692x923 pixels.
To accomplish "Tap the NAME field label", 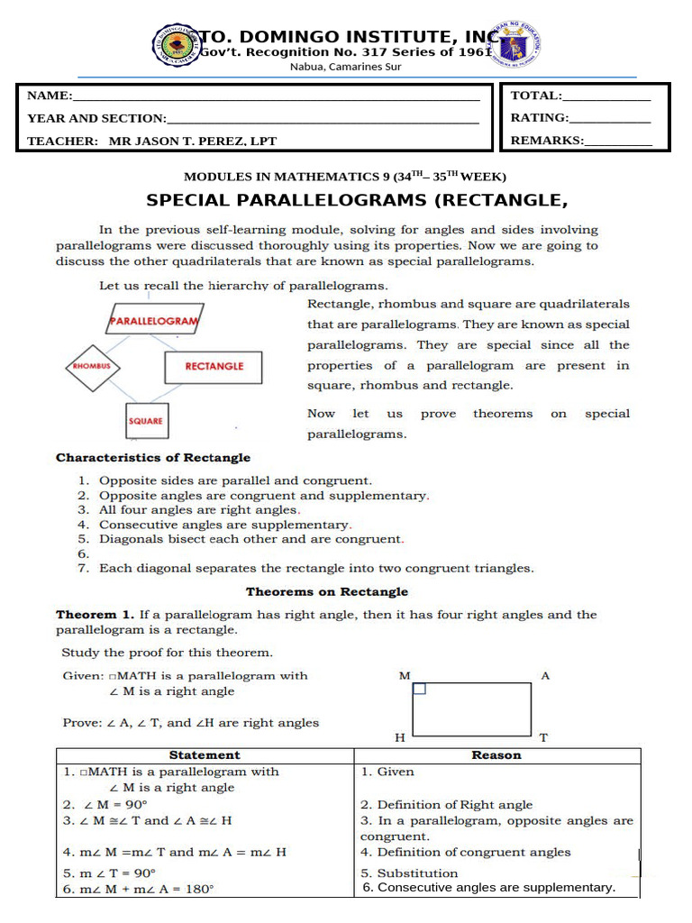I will pyautogui.click(x=49, y=96).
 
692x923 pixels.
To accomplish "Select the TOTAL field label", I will pyautogui.click(x=536, y=96).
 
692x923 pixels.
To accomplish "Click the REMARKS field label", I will pyautogui.click(x=547, y=140).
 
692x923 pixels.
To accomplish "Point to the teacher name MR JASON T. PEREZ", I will pyautogui.click(x=193, y=141).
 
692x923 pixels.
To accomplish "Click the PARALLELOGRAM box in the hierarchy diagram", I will pyautogui.click(x=154, y=320).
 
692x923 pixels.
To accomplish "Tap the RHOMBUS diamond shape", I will pyautogui.click(x=92, y=367).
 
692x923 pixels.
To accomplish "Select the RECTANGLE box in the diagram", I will pyautogui.click(x=214, y=367).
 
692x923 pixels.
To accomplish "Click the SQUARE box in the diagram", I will pyautogui.click(x=145, y=421).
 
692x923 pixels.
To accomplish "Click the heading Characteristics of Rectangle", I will pyautogui.click(x=153, y=458).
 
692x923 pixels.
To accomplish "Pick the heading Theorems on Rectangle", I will pyautogui.click(x=327, y=592).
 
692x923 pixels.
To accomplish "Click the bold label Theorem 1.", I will pyautogui.click(x=88, y=615).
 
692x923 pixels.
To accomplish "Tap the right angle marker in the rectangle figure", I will pyautogui.click(x=419, y=689).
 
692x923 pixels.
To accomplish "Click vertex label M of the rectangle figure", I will pyautogui.click(x=404, y=675).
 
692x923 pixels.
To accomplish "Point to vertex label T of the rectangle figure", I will pyautogui.click(x=543, y=737).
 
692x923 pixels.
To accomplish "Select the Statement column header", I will pyautogui.click(x=205, y=755).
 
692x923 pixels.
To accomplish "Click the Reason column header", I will pyautogui.click(x=496, y=755).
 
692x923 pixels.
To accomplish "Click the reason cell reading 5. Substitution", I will pyautogui.click(x=409, y=873).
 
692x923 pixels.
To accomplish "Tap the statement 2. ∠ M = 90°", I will pyautogui.click(x=105, y=805).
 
